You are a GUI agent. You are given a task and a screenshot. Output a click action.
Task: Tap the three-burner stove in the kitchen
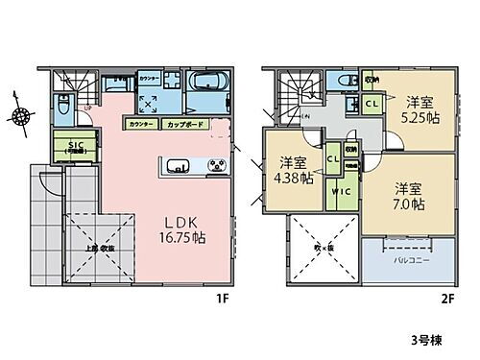[x=215, y=166]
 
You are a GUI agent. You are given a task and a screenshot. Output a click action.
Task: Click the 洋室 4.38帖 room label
[x=292, y=169]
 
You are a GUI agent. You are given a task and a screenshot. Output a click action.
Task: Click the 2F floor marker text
[x=448, y=298]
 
